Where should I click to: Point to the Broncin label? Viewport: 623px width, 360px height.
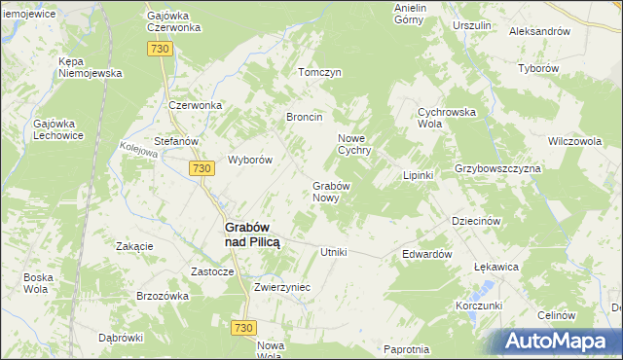pos(304,117)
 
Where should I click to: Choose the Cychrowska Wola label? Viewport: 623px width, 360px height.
pos(446,117)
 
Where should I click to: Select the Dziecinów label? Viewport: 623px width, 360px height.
pos(476,221)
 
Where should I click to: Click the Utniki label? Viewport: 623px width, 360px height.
pos(334,252)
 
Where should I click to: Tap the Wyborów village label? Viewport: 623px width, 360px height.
pos(249,160)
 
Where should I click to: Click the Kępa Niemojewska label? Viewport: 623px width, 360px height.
pos(90,67)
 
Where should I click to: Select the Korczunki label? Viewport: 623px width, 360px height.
pos(478,306)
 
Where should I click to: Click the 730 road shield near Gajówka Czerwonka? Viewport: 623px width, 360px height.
pos(162,49)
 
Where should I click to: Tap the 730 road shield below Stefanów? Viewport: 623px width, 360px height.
pos(202,168)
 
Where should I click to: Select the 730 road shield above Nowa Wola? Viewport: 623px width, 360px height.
pos(244,329)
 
